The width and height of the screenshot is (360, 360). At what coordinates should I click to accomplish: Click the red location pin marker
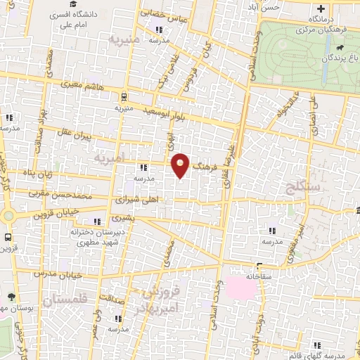tap(181, 165)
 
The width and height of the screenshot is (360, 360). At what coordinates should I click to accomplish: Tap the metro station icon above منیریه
tap(124, 98)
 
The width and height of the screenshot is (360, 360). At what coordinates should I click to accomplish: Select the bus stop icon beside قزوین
tap(8, 237)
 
